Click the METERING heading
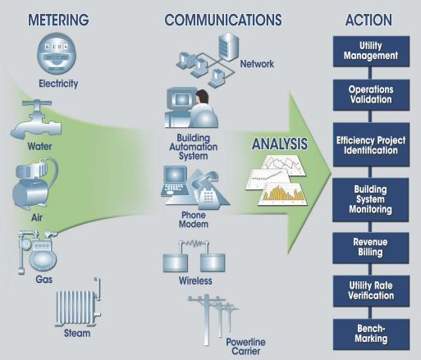point(58,18)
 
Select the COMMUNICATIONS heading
point(222,18)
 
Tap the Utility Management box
point(368,50)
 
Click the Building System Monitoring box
point(368,198)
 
